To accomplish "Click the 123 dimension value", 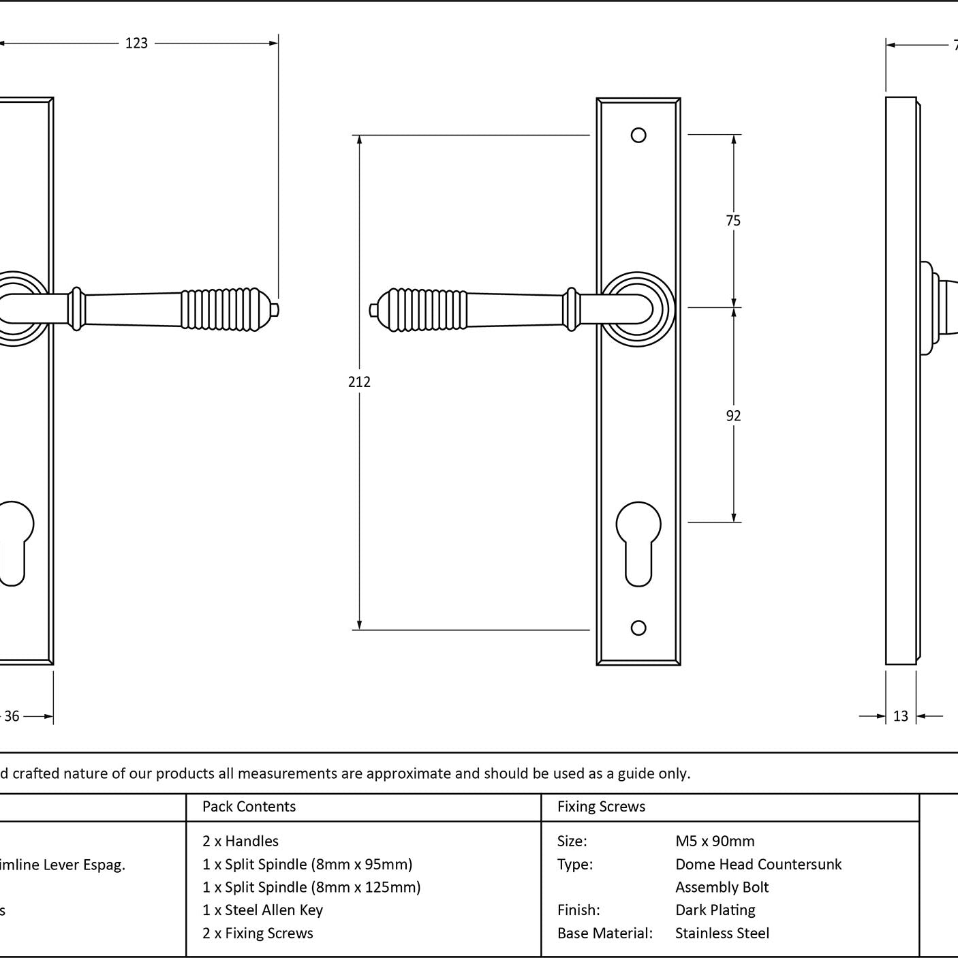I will pos(136,44).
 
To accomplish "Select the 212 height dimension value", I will pos(359,382).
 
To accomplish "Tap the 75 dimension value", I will pos(733,220).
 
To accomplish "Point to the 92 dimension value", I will pos(733,416).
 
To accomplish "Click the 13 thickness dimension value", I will pos(901,716).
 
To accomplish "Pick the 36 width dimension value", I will pos(12,716).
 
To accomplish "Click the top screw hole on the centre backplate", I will pos(638,136).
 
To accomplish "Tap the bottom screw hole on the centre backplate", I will pos(638,628).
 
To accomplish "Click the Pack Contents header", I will pos(249,807).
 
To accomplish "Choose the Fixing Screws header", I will pos(601,807).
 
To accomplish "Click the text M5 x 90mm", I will pos(715,841).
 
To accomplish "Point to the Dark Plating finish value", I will pos(715,910).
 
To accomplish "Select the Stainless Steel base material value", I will pos(722,933).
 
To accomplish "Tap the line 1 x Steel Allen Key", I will pos(262,910).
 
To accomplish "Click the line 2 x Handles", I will pos(240,841).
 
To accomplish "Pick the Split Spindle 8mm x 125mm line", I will pos(311,887).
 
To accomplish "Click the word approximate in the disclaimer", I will pos(408,773).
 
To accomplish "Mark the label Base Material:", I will pos(604,933).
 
